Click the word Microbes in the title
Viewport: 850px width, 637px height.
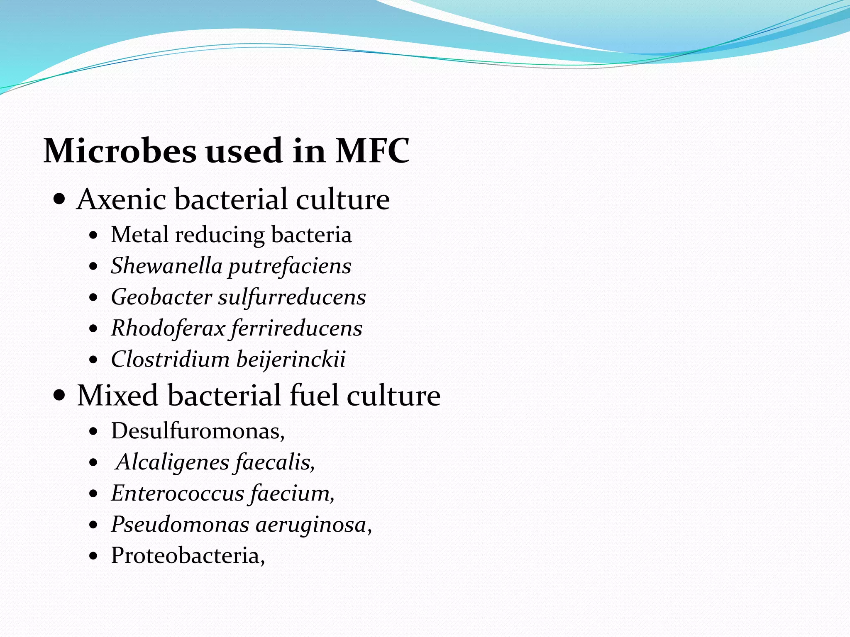tap(120, 151)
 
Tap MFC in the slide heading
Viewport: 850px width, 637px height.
tap(372, 151)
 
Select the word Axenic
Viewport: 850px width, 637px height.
tap(121, 199)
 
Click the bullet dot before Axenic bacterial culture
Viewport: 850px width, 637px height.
tap(60, 199)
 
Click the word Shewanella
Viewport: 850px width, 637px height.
tap(166, 266)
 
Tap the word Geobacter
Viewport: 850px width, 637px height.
tap(161, 297)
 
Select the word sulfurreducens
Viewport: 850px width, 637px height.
tap(292, 298)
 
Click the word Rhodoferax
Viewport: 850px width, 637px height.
tap(168, 328)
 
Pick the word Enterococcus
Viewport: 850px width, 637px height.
tap(178, 494)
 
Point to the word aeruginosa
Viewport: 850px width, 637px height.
tap(311, 525)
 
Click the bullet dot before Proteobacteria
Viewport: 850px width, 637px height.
tap(94, 556)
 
